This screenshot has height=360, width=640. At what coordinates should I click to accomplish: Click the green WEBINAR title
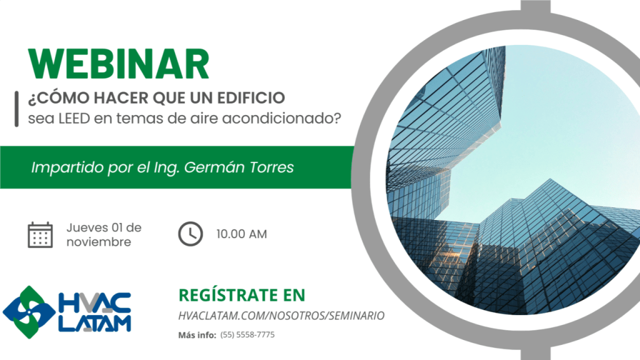[x=119, y=64]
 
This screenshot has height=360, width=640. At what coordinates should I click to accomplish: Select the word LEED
[x=74, y=119]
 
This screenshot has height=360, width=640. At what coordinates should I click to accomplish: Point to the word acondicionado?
[x=281, y=119]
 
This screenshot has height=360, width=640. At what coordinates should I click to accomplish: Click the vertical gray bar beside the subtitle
[x=17, y=109]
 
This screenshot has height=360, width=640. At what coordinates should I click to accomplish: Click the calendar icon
[x=40, y=235]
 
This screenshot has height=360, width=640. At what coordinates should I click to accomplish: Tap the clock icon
[x=190, y=234]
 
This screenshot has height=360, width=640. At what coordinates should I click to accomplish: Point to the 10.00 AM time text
[x=242, y=234]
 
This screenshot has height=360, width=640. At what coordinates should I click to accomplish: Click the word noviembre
[x=99, y=242]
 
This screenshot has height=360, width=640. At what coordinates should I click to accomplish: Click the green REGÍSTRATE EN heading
[x=242, y=295]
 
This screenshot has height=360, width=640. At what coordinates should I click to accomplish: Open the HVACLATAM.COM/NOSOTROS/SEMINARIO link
[x=281, y=316]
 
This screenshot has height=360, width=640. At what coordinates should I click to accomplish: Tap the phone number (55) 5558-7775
[x=247, y=335]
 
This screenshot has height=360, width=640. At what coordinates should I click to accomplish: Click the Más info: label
[x=197, y=335]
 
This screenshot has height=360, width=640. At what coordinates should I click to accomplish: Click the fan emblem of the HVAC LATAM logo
[x=29, y=312]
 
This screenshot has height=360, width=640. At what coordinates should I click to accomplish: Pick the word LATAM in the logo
[x=95, y=323]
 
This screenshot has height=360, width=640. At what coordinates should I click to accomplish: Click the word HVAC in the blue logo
[x=95, y=302]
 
